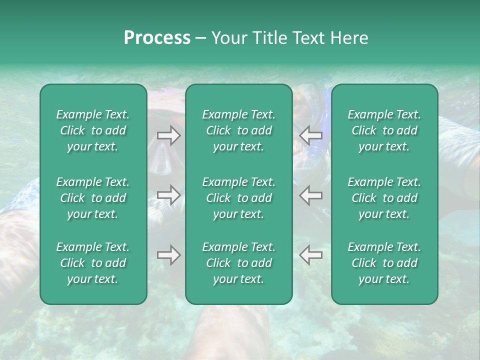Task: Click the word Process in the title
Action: click(157, 38)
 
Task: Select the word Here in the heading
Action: click(349, 38)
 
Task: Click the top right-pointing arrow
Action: click(168, 135)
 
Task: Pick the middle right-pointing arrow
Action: click(168, 194)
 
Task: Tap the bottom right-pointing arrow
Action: click(168, 255)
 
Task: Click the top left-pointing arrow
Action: click(311, 135)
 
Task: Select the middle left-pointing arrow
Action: click(311, 194)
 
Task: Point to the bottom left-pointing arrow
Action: click(311, 255)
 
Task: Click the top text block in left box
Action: click(93, 130)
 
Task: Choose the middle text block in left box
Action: click(93, 198)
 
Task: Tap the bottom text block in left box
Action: click(93, 263)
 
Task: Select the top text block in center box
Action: click(239, 130)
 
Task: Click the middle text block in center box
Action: click(239, 198)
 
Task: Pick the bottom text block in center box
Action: click(239, 263)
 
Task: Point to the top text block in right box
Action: click(384, 130)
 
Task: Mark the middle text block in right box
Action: click(384, 198)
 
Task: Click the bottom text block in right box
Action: click(384, 263)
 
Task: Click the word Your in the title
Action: click(226, 38)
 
